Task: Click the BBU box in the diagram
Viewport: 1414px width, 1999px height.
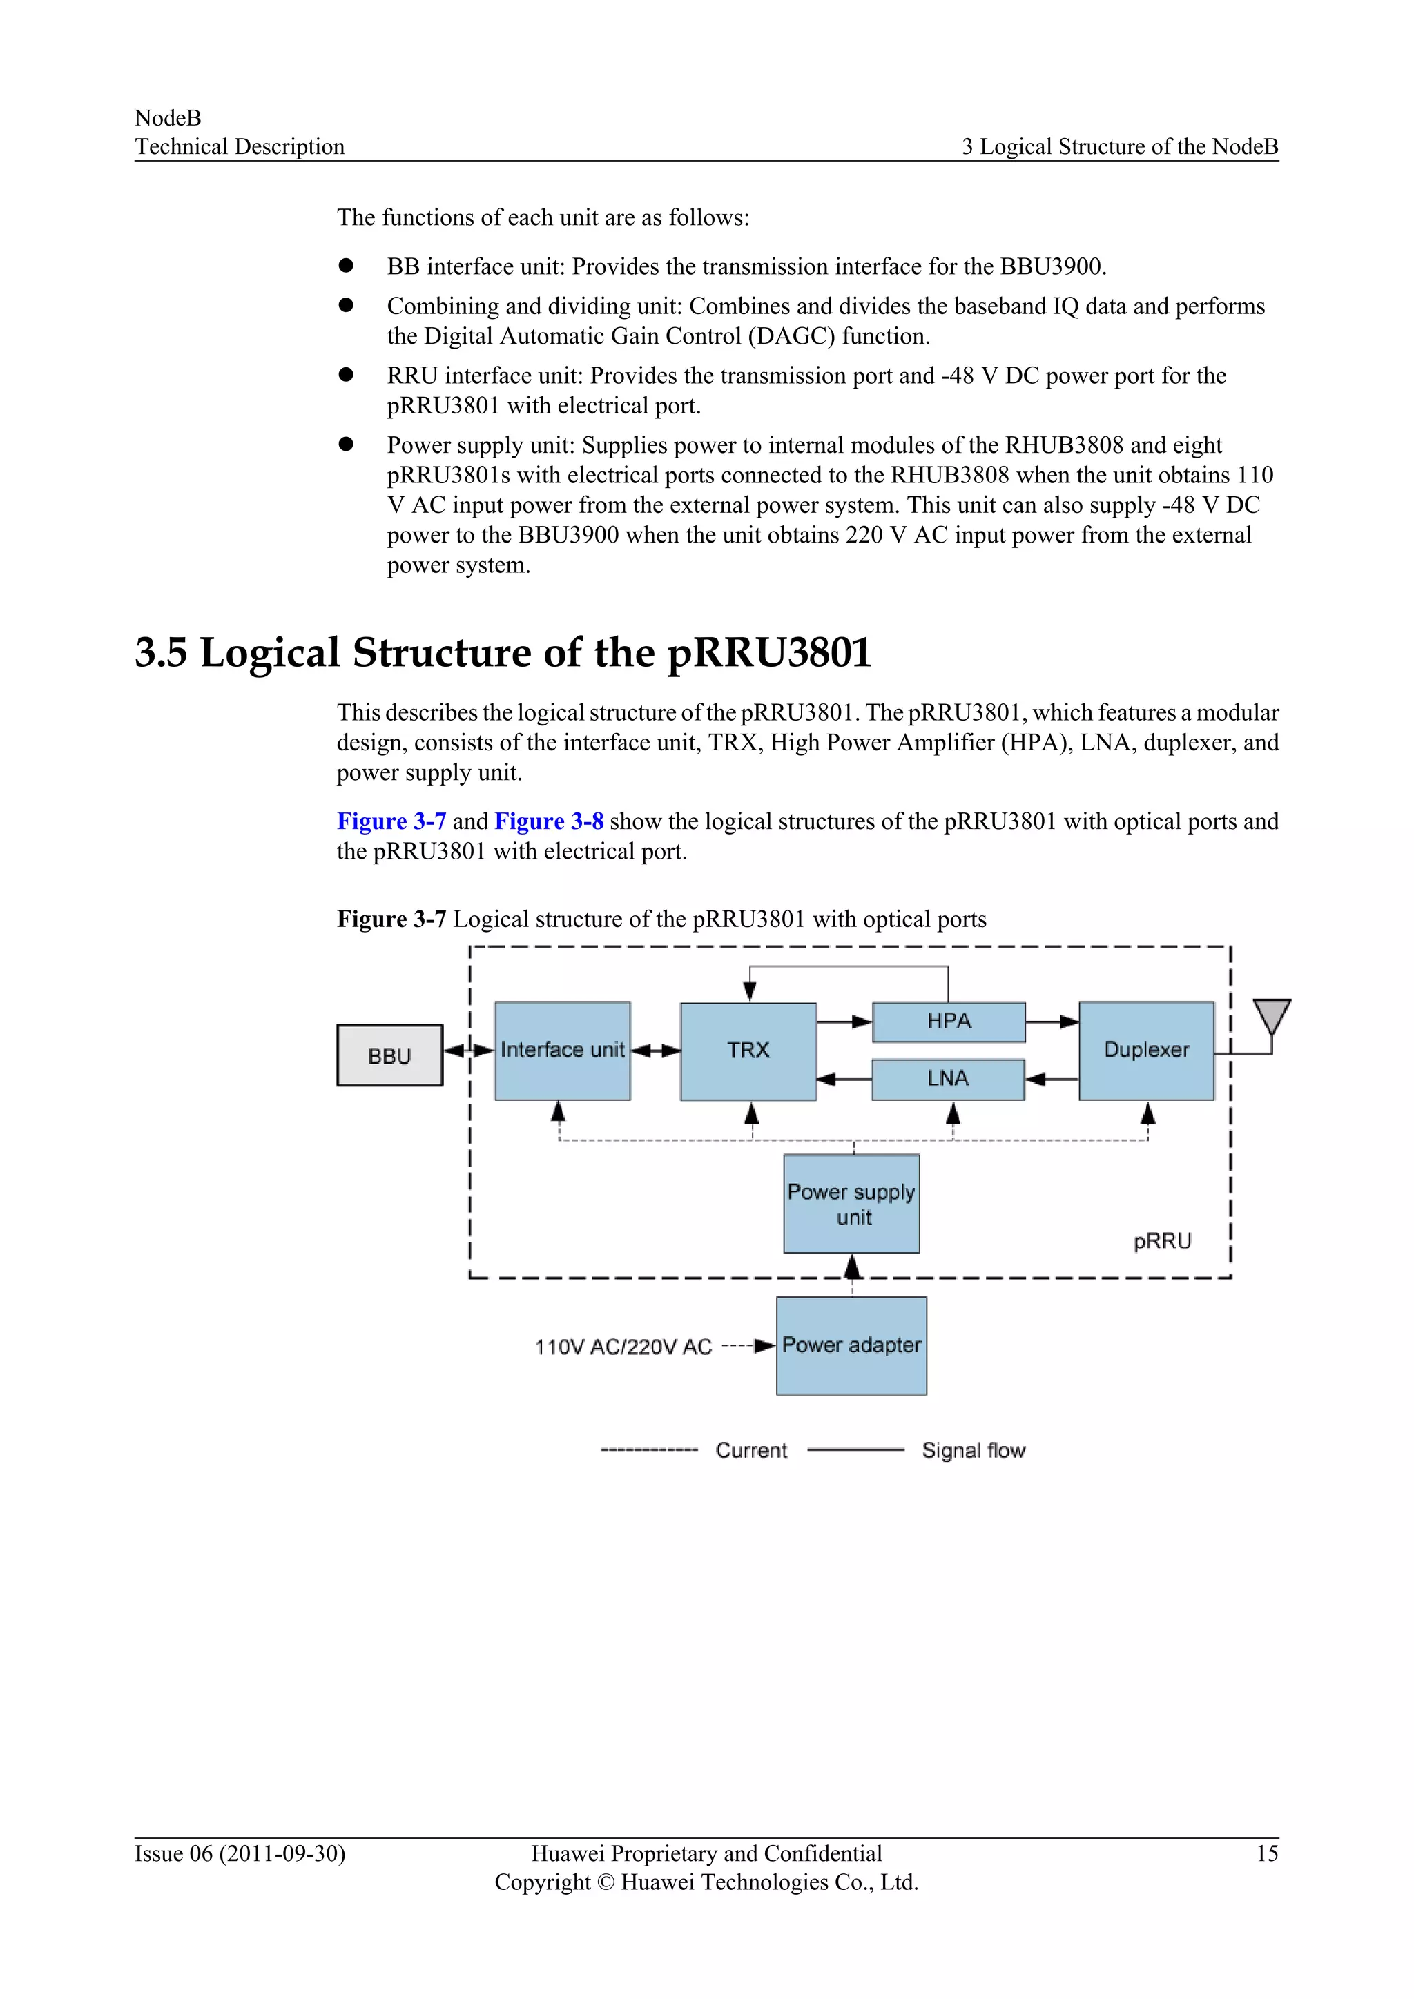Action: point(389,1055)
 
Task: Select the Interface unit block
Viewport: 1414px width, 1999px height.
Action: point(563,1051)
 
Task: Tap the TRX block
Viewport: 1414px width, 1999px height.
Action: point(748,1051)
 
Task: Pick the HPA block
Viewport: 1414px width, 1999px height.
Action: point(948,1022)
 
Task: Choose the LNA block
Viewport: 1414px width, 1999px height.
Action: point(947,1079)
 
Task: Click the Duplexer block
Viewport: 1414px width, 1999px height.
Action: point(1146,1051)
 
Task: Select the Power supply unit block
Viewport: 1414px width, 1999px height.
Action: point(851,1204)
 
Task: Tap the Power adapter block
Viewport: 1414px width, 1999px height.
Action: point(851,1346)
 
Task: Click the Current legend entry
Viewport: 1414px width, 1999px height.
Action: point(750,1450)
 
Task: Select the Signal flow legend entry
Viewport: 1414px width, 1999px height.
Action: point(973,1450)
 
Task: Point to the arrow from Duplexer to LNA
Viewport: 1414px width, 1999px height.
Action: point(1052,1080)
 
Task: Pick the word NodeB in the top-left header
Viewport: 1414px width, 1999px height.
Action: point(168,117)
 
